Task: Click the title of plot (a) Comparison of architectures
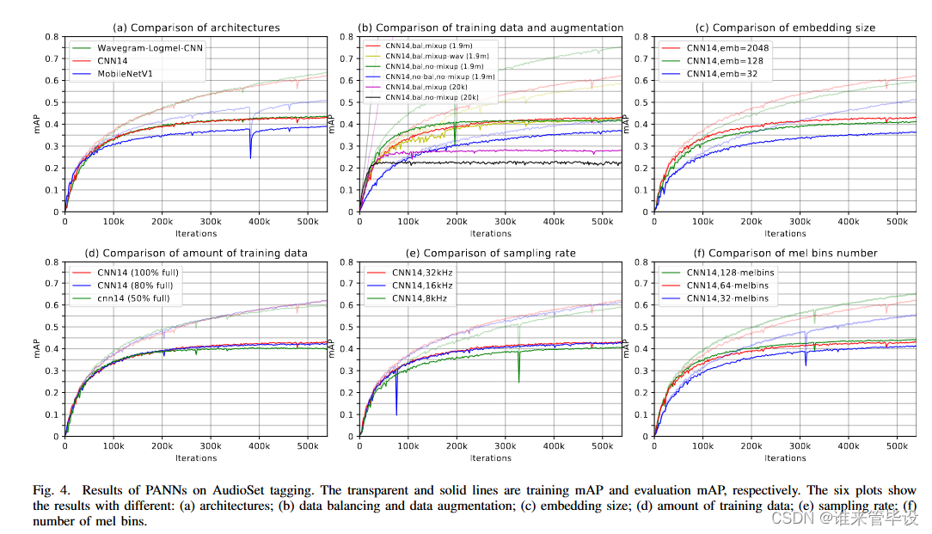[x=195, y=28]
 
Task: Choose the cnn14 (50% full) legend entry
[x=138, y=298]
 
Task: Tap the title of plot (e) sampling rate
[x=490, y=253]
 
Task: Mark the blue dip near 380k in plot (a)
[x=250, y=155]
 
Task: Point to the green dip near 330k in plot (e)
[x=518, y=378]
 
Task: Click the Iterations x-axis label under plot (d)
[x=195, y=458]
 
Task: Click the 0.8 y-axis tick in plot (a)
[x=52, y=37]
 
